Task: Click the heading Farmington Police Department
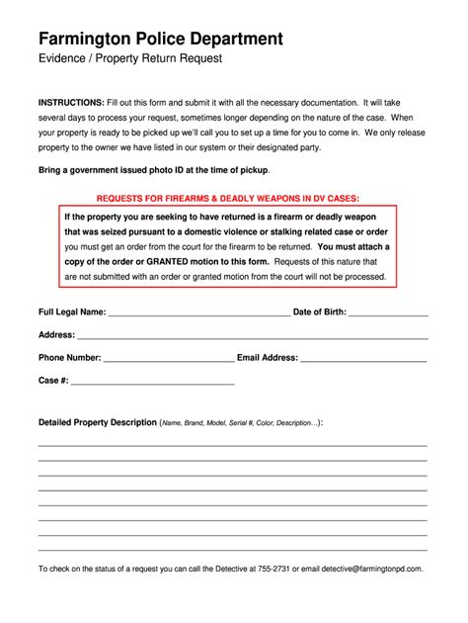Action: coord(161,39)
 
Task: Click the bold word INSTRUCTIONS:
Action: coord(71,103)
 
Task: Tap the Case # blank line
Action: coord(152,381)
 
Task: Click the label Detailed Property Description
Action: coord(98,422)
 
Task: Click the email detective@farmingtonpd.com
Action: coord(365,569)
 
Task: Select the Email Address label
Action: coord(268,357)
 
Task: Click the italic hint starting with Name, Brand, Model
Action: coord(240,423)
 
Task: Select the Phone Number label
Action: coord(69,357)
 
